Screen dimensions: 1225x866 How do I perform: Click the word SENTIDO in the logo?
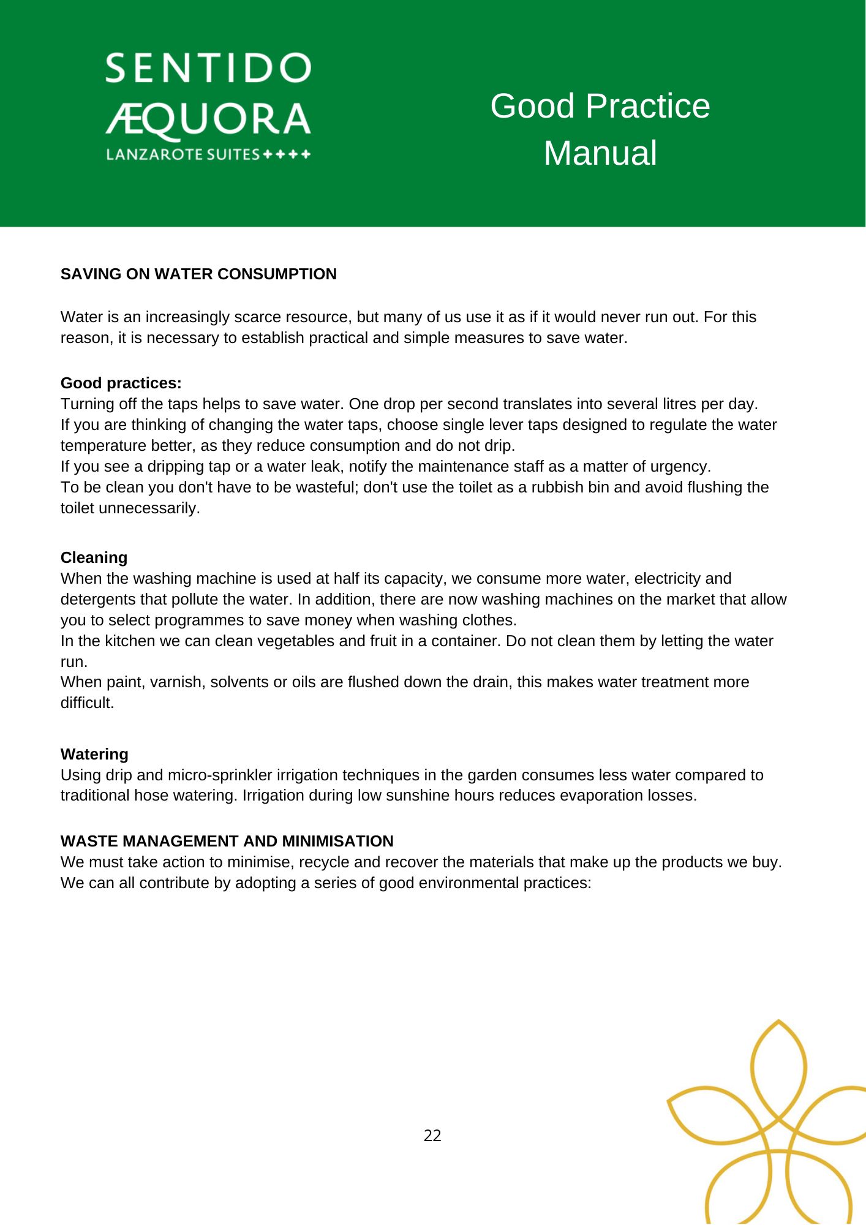(x=208, y=69)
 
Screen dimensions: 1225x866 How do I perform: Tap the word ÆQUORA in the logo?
(x=208, y=119)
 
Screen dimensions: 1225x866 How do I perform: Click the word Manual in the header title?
(x=600, y=153)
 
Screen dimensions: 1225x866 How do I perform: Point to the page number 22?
(x=432, y=1136)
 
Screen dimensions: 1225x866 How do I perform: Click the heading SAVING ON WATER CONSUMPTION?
(x=198, y=274)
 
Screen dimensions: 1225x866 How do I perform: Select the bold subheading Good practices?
(x=121, y=383)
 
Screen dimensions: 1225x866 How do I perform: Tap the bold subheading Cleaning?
(x=94, y=557)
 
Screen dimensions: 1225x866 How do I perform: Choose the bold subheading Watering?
(x=94, y=754)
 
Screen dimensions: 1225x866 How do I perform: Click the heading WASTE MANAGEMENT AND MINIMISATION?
(x=227, y=841)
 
